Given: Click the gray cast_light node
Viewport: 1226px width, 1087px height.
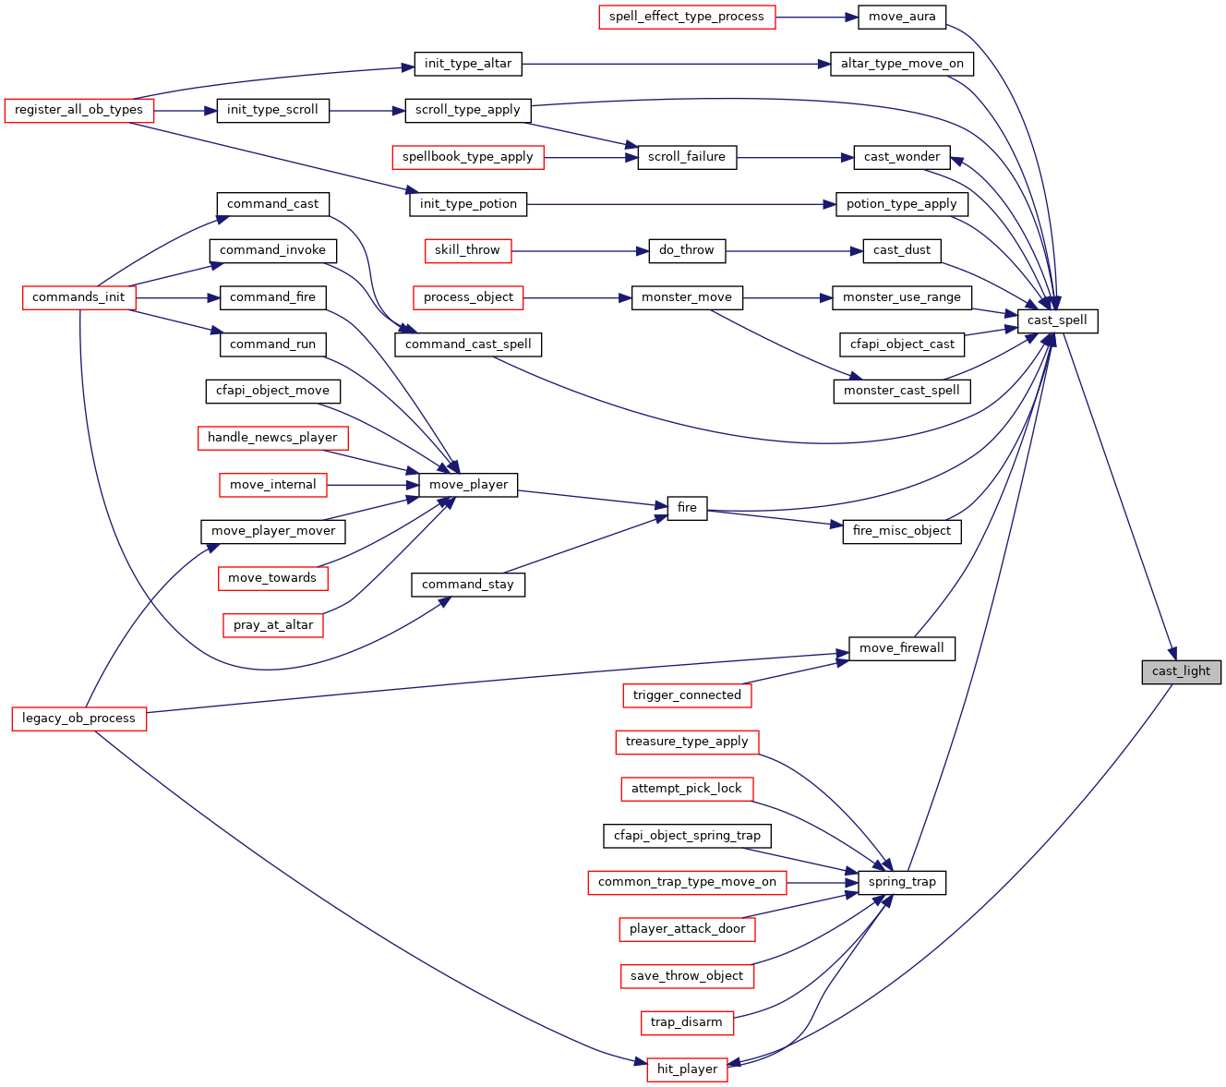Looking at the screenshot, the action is (x=1180, y=671).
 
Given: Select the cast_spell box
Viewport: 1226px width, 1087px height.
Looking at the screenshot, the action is (x=1056, y=321).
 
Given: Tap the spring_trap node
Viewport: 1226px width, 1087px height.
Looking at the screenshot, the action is (x=901, y=882).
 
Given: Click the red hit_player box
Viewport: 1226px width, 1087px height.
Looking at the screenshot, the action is (x=686, y=1069).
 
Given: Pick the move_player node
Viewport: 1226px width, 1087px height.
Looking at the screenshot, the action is (x=468, y=485).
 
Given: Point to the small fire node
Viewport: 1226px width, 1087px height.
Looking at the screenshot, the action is (x=686, y=508).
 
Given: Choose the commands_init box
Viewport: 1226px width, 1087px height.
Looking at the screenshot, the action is (x=78, y=298).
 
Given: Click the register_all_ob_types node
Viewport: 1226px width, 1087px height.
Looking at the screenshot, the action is (x=78, y=111).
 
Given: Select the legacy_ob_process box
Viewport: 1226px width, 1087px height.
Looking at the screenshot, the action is (x=78, y=719).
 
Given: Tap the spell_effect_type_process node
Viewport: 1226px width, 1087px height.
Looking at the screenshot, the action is (x=686, y=17).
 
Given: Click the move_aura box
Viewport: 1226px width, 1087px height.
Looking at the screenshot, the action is (x=901, y=17).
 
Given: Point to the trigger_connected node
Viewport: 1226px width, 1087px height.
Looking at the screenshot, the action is (x=686, y=695).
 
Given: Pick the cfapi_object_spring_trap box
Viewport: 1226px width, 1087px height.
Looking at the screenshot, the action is (x=686, y=836).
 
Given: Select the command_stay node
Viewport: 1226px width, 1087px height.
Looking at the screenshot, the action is (x=468, y=585).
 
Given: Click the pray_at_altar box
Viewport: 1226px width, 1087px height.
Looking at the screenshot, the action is (x=273, y=625).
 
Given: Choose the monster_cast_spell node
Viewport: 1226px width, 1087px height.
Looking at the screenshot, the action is (x=901, y=392).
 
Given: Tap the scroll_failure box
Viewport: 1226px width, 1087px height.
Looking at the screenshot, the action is (x=686, y=157).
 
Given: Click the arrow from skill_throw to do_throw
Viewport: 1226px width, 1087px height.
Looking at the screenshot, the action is (x=580, y=251).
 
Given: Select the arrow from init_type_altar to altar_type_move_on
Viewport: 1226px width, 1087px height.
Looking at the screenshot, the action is (x=676, y=65).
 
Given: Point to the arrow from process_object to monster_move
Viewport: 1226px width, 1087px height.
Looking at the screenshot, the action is (x=577, y=298).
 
